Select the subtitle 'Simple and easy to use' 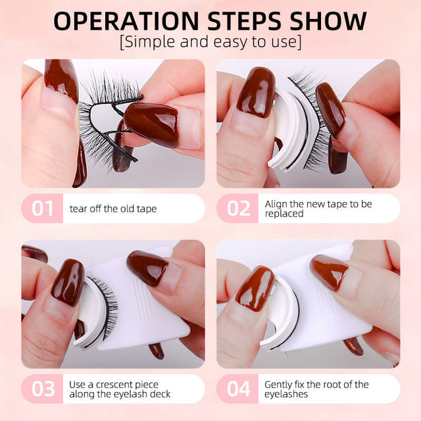(210, 43)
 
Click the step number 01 (43, 208)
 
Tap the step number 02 (238, 208)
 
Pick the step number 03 (43, 388)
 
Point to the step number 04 (238, 388)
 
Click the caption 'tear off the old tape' (113, 209)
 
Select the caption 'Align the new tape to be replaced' (318, 209)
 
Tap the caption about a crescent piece (120, 389)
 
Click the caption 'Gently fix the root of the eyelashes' (316, 389)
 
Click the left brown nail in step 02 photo (256, 92)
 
